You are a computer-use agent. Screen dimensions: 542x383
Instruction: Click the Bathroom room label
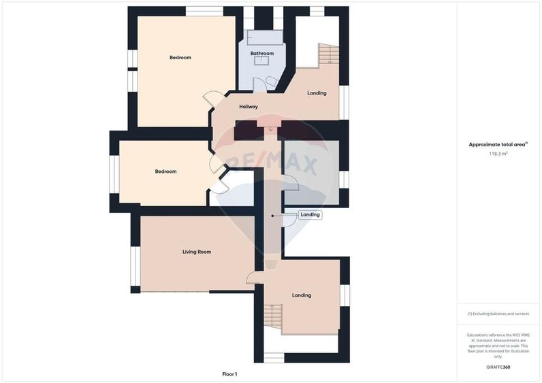tap(262, 54)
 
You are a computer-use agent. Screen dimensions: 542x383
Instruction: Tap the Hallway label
tap(249, 107)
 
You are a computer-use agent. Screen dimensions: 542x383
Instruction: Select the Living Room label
tap(197, 252)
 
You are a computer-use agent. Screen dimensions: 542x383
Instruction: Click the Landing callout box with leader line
tap(310, 214)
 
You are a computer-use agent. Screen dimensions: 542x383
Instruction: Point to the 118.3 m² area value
tap(498, 154)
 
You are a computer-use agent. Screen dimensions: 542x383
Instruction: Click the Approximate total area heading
tap(497, 145)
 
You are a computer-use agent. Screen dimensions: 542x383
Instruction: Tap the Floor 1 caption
tap(229, 374)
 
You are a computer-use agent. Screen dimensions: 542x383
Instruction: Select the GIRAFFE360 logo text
tap(498, 367)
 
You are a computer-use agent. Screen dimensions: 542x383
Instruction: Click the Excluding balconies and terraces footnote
tap(498, 314)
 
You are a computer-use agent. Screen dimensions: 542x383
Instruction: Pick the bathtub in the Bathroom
tap(265, 37)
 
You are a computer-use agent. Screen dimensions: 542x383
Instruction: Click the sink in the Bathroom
tap(261, 61)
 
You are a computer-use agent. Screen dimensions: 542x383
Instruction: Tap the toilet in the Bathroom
tap(273, 82)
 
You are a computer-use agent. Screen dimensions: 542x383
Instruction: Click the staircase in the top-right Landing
tap(329, 54)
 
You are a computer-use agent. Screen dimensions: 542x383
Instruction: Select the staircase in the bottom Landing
tap(274, 316)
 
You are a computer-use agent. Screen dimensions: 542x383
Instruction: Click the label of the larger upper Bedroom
tap(180, 58)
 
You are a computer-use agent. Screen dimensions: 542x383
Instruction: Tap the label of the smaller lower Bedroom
tap(166, 171)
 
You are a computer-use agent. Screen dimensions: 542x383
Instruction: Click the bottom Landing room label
tap(302, 295)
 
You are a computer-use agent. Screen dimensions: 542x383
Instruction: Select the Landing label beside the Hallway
tap(317, 93)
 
